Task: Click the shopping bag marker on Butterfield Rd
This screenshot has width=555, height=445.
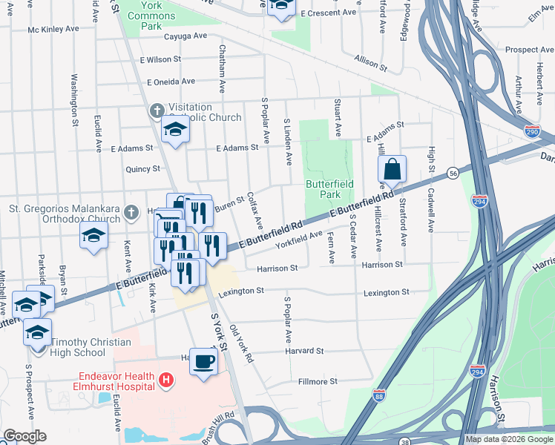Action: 392,170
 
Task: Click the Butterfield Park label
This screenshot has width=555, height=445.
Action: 330,189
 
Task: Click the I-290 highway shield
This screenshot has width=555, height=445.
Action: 532,131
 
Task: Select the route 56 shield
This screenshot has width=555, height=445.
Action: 451,172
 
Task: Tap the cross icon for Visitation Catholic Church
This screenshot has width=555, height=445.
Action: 157,111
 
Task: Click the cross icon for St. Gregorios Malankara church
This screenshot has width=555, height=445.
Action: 131,213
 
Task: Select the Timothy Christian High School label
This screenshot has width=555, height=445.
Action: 91,347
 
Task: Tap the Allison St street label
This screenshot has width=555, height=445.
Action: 372,65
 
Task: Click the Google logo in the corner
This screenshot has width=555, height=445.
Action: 24,435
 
